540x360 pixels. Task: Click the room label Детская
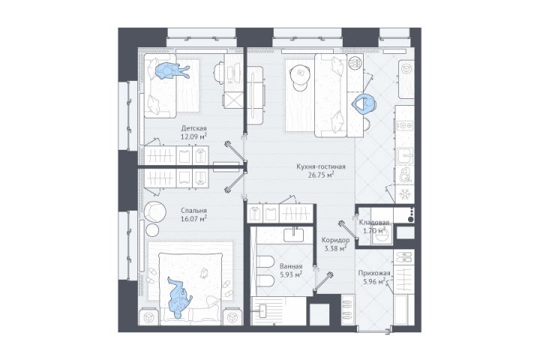pos(194,128)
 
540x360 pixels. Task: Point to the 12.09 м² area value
pos(193,136)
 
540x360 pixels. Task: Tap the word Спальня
pos(194,211)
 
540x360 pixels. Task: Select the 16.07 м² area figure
pos(193,218)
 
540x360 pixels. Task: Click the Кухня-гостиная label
pos(321,166)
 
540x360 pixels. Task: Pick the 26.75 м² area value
pos(321,175)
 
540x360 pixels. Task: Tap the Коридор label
pos(335,240)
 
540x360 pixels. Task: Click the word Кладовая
pos(374,223)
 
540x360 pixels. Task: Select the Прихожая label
pos(374,274)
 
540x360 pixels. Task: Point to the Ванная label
pos(291,266)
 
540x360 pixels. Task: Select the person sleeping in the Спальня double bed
pos(179,296)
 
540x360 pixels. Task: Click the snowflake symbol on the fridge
pos(405,195)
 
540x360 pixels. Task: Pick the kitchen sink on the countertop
pos(405,157)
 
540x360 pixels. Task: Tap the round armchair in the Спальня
pos(155,211)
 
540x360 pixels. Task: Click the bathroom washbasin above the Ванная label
pos(294,235)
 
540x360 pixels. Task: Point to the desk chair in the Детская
pos(220,72)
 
